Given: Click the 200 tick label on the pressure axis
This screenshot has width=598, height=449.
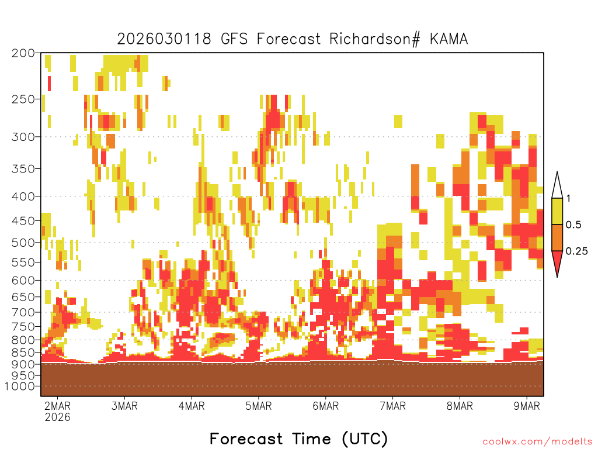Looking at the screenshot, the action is [x=23, y=53].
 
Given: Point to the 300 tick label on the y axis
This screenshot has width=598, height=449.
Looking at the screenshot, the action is [x=23, y=137].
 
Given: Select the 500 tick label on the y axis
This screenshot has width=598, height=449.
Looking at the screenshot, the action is [x=23, y=243].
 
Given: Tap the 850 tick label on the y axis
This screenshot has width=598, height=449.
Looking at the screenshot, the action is [x=23, y=353].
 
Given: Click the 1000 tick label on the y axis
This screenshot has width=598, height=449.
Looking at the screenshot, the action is [x=20, y=386].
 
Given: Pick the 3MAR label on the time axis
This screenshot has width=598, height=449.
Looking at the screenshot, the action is [x=124, y=406].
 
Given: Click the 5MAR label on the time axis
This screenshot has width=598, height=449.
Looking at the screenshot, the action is [x=259, y=406].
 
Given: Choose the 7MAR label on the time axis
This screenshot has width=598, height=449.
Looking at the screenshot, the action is [x=393, y=406].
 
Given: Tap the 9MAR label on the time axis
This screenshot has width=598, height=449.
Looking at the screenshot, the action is [x=527, y=406].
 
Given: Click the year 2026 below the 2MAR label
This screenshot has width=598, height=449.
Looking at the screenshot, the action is [x=58, y=417].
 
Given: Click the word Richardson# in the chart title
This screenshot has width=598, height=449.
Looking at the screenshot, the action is [x=374, y=39].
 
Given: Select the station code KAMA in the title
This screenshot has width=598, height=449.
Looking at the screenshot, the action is [x=449, y=39].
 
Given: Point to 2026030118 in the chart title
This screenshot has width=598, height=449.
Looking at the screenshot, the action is [x=164, y=39].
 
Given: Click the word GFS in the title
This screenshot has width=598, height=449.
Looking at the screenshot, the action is [x=234, y=39].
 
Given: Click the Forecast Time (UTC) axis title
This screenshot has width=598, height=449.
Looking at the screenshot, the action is [x=298, y=438].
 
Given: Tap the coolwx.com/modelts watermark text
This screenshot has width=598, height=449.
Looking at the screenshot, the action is [x=537, y=442].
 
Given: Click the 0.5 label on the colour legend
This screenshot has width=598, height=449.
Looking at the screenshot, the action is [x=573, y=225].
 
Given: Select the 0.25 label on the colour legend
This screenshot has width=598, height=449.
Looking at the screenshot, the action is [x=576, y=251].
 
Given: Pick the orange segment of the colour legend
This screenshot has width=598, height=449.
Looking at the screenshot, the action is [x=557, y=237].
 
